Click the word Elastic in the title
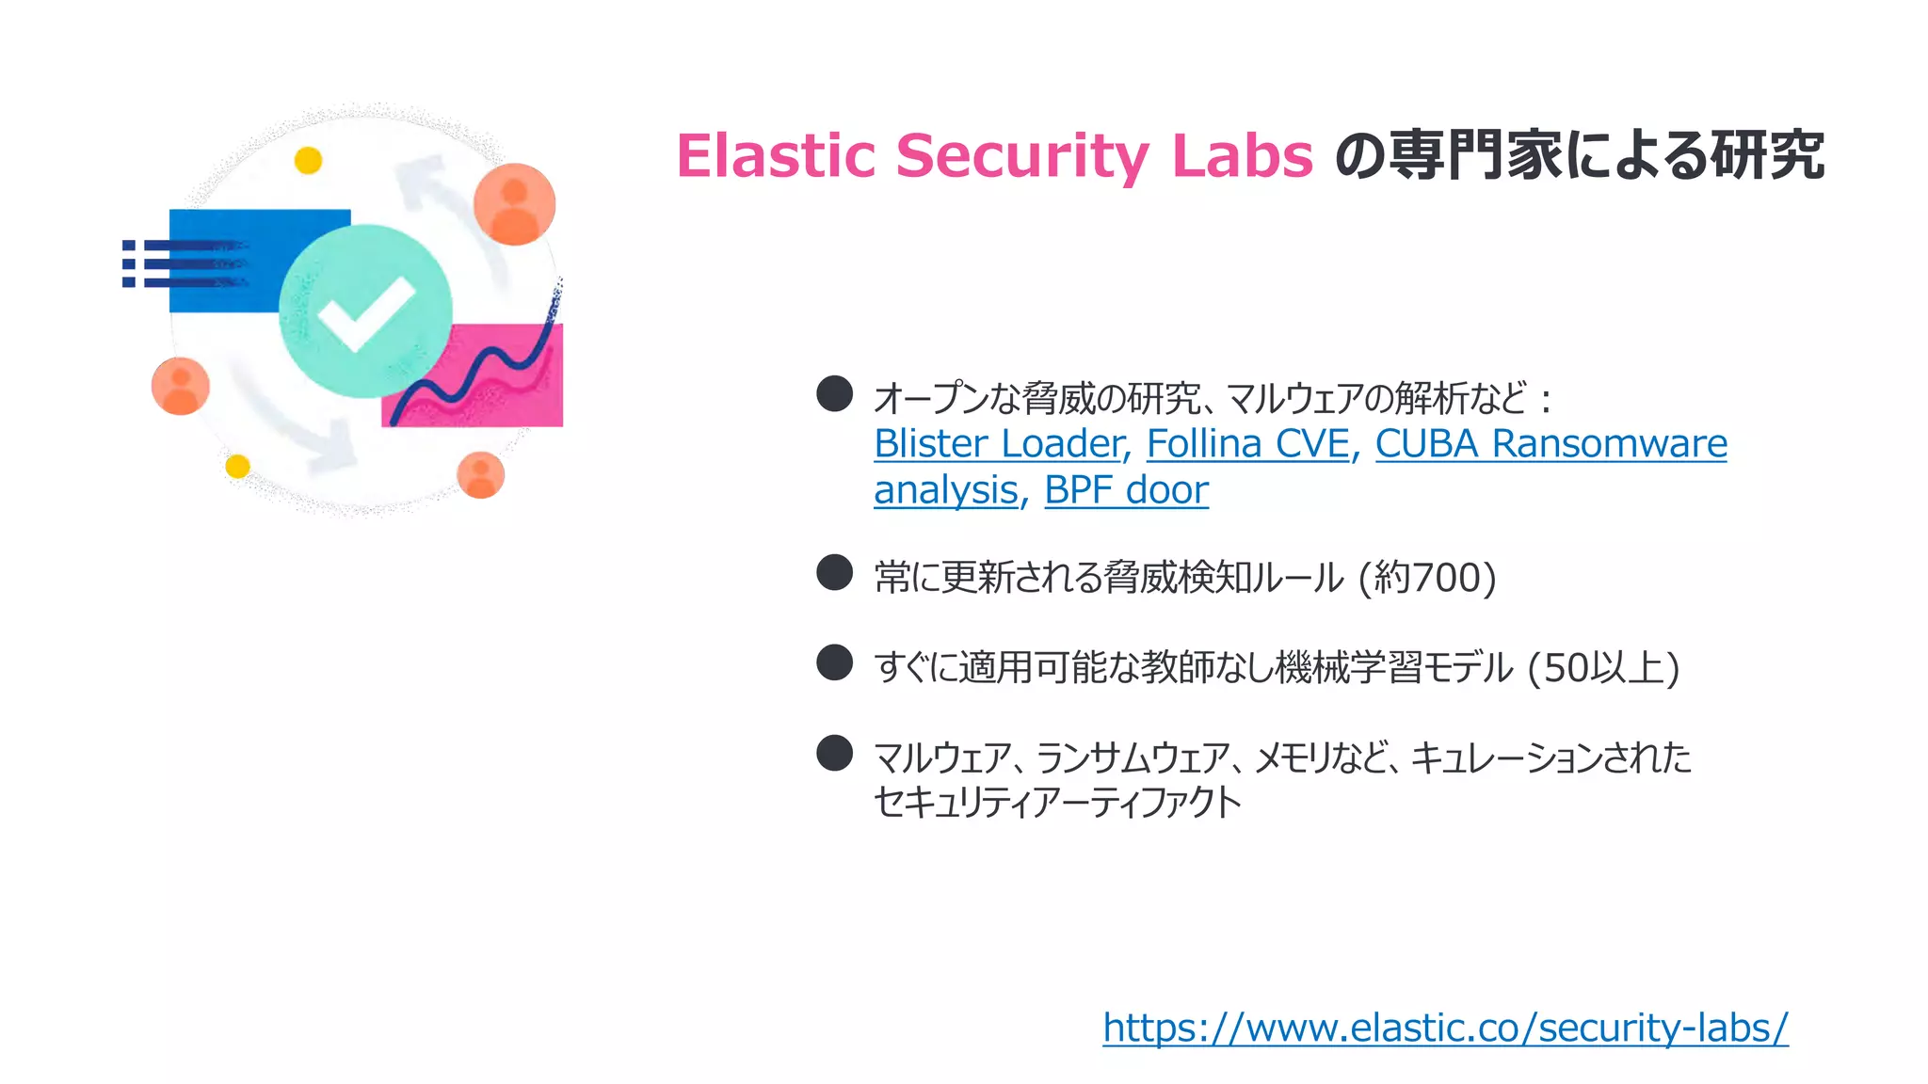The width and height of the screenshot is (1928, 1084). tap(775, 155)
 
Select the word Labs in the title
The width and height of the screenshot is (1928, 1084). tap(1242, 155)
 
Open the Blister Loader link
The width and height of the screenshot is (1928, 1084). tap(1000, 443)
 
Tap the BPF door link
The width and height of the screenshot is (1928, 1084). tap(1126, 490)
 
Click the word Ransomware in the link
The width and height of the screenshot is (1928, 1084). tap(1610, 443)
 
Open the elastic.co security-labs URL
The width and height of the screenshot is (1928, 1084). tap(1445, 1027)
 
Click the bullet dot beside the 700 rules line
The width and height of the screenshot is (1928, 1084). tap(834, 572)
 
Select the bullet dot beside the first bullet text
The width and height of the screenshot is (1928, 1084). tap(834, 393)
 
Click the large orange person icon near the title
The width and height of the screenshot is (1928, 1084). tap(514, 204)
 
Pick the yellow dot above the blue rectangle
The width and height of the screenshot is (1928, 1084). tap(308, 161)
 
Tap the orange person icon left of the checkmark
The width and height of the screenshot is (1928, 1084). tap(180, 386)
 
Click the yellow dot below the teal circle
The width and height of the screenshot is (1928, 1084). tap(237, 466)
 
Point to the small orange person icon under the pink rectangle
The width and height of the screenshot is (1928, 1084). tap(480, 475)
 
